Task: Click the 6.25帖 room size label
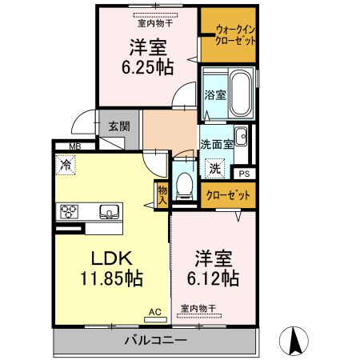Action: point(146,67)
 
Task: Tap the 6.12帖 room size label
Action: point(213,278)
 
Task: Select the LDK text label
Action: point(110,258)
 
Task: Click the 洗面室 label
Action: point(216,145)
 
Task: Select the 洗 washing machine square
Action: point(214,169)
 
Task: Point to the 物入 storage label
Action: point(162,195)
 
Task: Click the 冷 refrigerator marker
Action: point(63,166)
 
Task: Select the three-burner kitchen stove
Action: point(68,212)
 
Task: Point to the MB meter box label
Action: point(74,146)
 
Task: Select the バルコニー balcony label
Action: point(156,341)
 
